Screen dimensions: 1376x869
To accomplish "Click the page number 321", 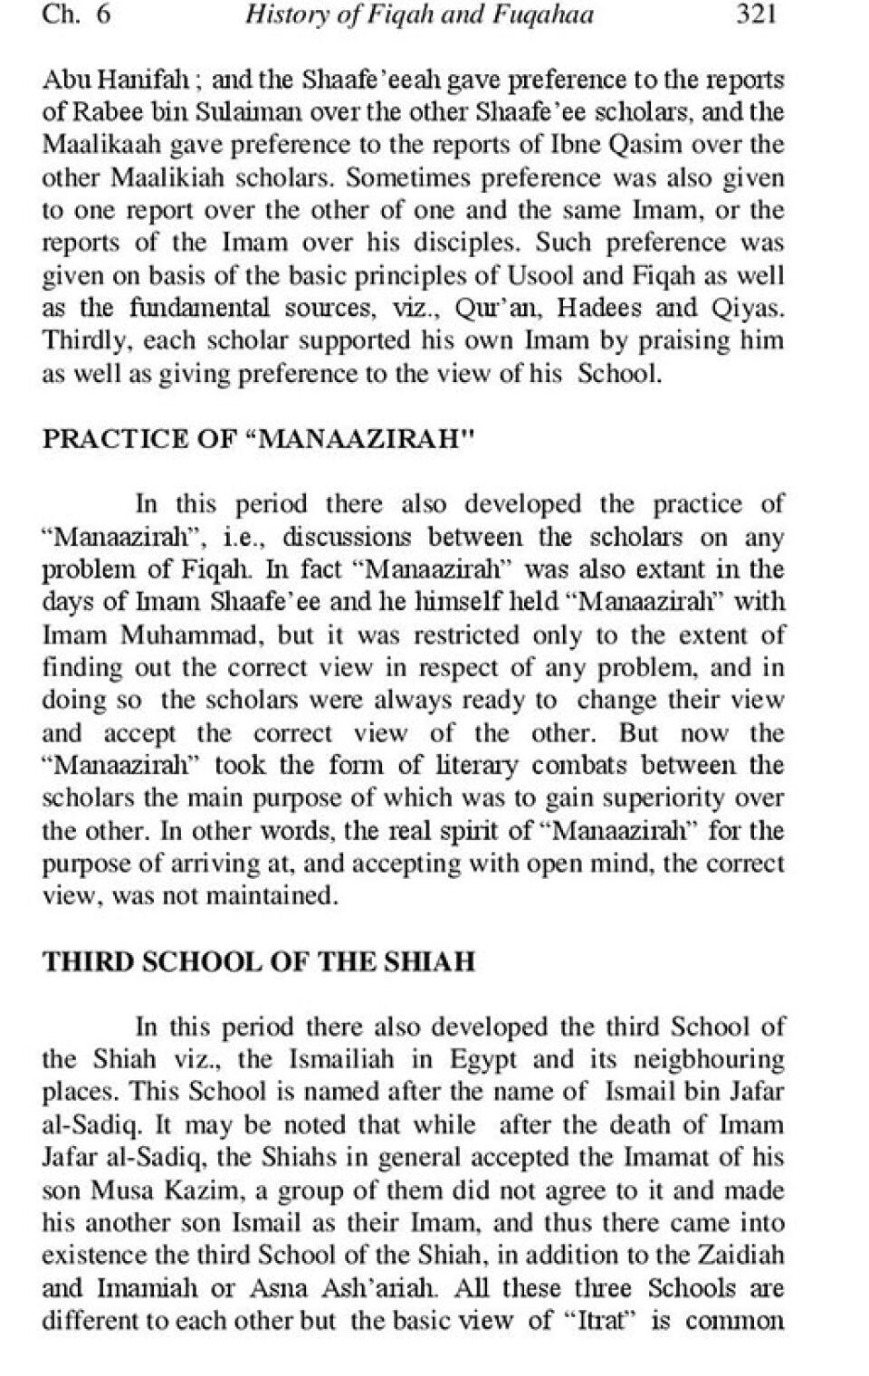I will point(757,16).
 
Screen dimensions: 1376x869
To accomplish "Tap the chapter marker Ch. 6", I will point(76,16).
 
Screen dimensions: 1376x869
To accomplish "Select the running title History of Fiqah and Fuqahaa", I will point(419,16).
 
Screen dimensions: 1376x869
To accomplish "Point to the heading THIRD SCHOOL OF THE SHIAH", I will point(259,961).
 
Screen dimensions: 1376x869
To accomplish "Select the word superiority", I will point(671,798).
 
